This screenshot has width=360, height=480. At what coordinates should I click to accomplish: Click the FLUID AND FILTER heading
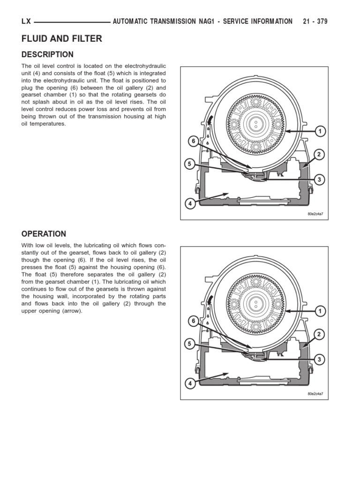coord(61,39)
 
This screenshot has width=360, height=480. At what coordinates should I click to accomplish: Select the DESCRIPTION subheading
coord(47,54)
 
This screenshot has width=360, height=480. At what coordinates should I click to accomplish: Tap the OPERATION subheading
coord(44,234)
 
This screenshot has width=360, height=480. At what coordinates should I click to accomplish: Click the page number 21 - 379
coord(315,22)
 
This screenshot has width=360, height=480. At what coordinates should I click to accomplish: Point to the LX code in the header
coord(26,22)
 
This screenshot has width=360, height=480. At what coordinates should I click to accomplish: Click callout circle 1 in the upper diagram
coord(320,131)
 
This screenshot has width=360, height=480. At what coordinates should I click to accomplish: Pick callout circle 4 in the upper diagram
coord(190,203)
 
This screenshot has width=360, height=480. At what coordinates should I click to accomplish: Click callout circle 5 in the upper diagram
coord(189,165)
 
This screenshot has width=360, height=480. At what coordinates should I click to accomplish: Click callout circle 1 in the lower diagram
coord(320,311)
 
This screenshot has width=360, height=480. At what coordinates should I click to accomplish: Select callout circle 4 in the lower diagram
coord(190,383)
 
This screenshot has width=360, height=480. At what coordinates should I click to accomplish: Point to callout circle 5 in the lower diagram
coord(189,344)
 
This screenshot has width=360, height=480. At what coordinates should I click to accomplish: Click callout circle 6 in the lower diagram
coord(192,321)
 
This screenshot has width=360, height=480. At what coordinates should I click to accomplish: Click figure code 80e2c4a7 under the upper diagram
coord(315,214)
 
